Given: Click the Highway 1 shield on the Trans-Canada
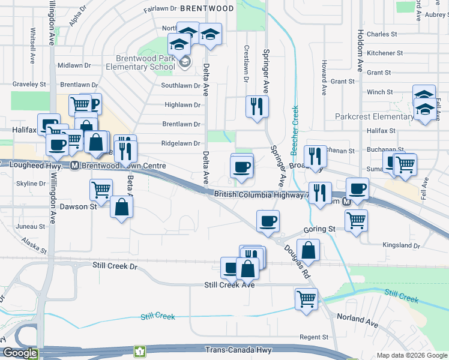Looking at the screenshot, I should [x=140, y=350].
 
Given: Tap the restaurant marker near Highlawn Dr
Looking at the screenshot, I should [x=258, y=107].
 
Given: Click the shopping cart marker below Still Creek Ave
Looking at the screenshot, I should [x=306, y=298].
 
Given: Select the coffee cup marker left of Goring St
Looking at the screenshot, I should [x=268, y=221].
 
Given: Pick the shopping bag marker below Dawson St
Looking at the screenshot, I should [x=122, y=207].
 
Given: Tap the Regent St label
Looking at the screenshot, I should [x=314, y=337].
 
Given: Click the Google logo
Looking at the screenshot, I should [x=20, y=353].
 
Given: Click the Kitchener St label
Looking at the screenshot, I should [x=381, y=53].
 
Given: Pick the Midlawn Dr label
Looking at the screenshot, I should [x=74, y=65].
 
